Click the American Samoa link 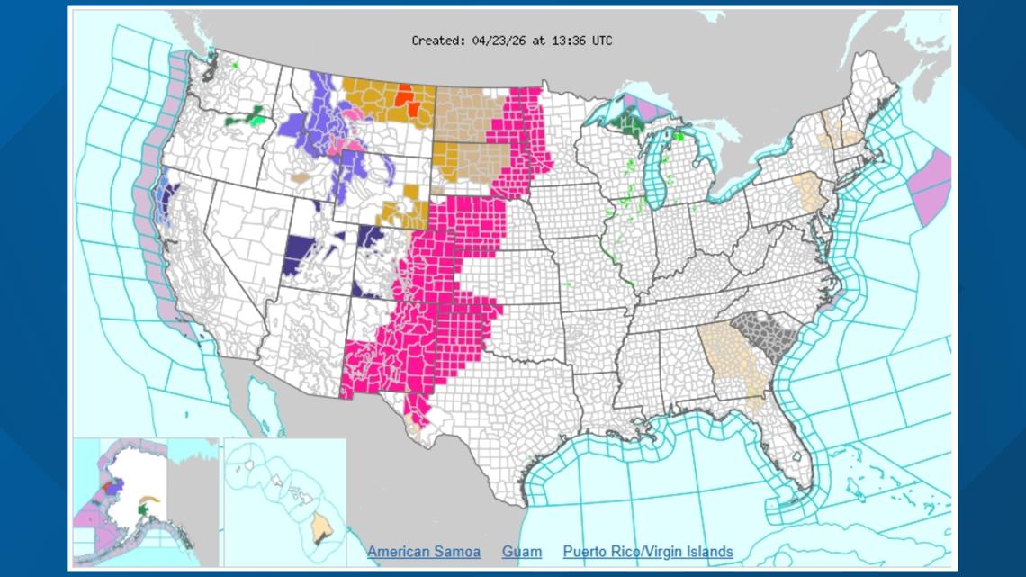coord(423,551)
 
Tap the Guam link coord(522,551)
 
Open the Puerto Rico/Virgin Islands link coord(648,551)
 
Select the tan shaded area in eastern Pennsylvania coord(809,194)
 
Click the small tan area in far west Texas coord(413,421)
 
